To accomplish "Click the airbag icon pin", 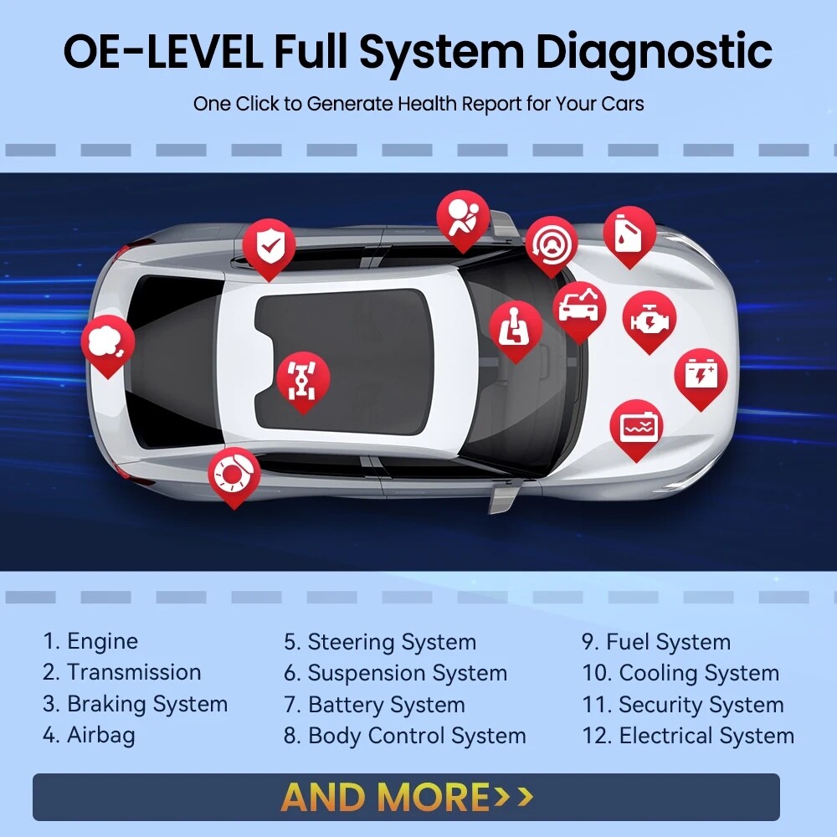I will (x=463, y=217).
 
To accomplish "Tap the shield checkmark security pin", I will (x=269, y=246).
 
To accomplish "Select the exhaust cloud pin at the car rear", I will (x=107, y=341).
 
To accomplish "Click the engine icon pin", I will (x=649, y=319).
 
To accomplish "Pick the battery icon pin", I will (x=701, y=374).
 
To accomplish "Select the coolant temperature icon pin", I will (x=636, y=426).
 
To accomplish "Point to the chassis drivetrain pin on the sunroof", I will (x=303, y=377).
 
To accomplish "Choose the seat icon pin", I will (x=516, y=327).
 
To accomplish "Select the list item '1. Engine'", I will (x=90, y=642).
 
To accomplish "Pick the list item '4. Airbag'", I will (x=89, y=736).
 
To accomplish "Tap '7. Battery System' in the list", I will (x=374, y=705).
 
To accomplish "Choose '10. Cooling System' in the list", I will (x=680, y=673).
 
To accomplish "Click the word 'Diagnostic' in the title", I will (x=653, y=52).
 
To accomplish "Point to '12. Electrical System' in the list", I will (x=688, y=737).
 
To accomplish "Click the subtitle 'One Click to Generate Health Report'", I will (x=418, y=105).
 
